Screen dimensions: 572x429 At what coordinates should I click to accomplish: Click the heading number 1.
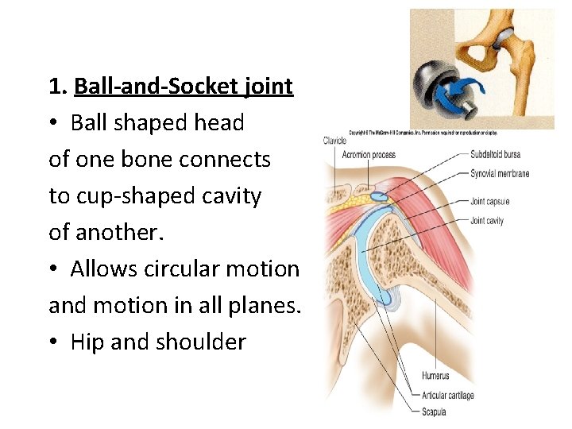coord(55,86)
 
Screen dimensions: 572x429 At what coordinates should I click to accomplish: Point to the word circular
coord(184,269)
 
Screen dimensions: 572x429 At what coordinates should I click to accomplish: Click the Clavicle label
coord(334,141)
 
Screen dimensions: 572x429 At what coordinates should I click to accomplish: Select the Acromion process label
coord(369,155)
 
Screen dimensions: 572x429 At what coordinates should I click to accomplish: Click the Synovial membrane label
coord(500,174)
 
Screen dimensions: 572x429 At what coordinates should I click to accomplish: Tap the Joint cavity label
coord(487,221)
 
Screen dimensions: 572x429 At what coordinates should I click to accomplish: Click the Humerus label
coord(436,375)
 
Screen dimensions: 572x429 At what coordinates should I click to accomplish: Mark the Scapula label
coord(435,412)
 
